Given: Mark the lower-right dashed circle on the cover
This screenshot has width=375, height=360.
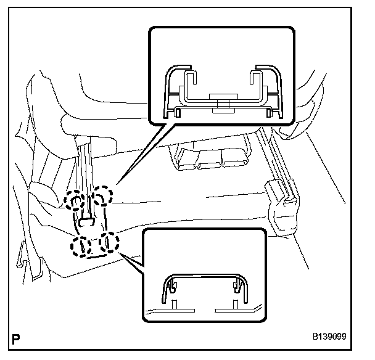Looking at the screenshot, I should (109, 243).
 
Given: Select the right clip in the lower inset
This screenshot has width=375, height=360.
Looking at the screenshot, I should (236, 285).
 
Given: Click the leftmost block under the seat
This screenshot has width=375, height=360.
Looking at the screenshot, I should (184, 159).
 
